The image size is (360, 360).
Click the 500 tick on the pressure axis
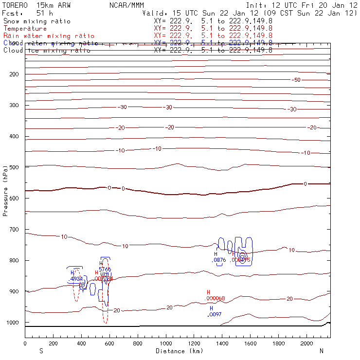click(25, 167)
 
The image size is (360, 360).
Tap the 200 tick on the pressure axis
click(25, 74)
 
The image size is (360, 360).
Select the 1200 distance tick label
click(195, 343)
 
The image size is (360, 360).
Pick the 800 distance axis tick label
click(138, 343)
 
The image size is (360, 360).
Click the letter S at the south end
click(40, 350)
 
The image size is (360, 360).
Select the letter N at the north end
click(321, 350)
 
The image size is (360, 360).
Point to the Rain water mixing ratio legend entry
click(49, 36)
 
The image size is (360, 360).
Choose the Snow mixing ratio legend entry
click(36, 21)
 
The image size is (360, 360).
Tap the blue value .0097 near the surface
click(215, 315)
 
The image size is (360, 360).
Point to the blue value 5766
click(105, 269)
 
